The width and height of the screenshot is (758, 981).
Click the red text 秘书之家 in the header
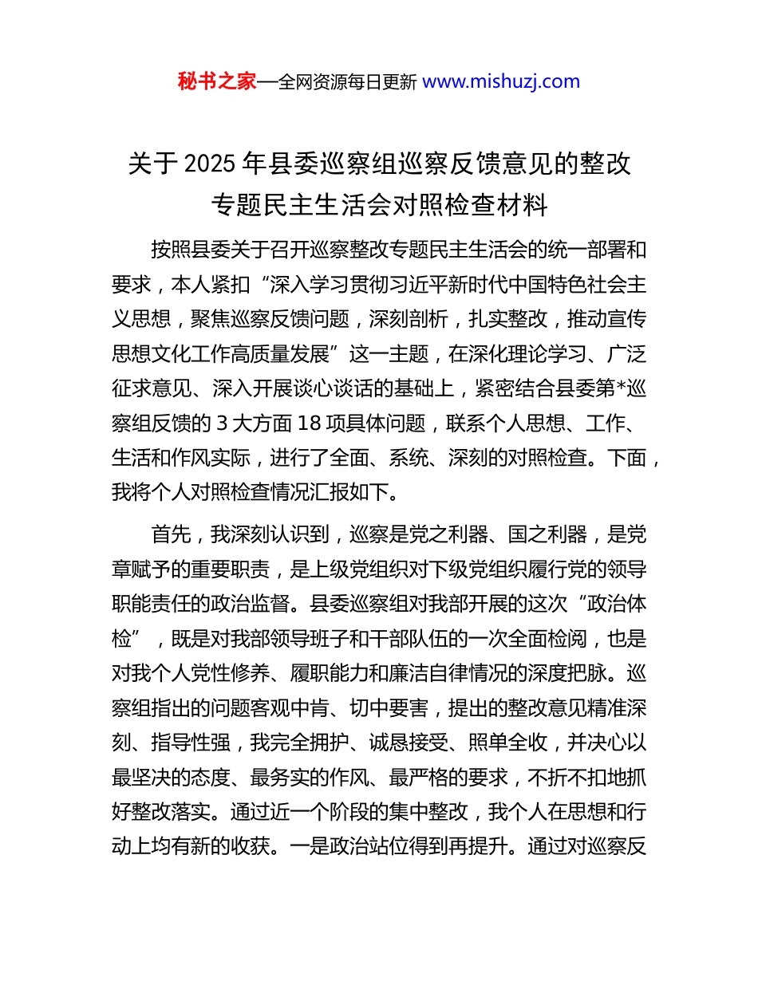[x=217, y=81]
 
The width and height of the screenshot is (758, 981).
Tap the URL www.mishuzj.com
[x=500, y=81]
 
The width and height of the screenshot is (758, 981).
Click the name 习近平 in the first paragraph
[x=420, y=285]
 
